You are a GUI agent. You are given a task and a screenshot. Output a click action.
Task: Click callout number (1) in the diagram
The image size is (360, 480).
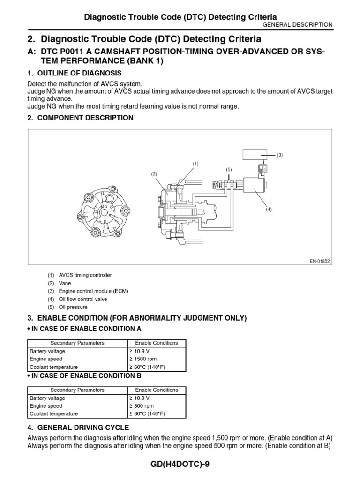195,164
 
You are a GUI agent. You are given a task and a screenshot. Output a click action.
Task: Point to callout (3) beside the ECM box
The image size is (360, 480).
280,155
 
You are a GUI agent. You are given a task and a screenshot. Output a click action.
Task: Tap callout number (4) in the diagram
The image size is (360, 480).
269,210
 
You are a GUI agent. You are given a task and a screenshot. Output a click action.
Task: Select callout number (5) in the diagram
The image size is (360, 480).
229,169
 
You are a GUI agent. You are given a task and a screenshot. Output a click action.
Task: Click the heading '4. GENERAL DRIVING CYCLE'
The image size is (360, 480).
78,427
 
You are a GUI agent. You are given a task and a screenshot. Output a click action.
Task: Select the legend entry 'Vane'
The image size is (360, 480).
65,283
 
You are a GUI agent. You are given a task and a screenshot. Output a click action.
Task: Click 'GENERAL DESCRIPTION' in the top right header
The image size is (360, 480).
298,24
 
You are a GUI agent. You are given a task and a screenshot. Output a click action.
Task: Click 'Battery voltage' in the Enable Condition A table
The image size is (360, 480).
47,351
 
